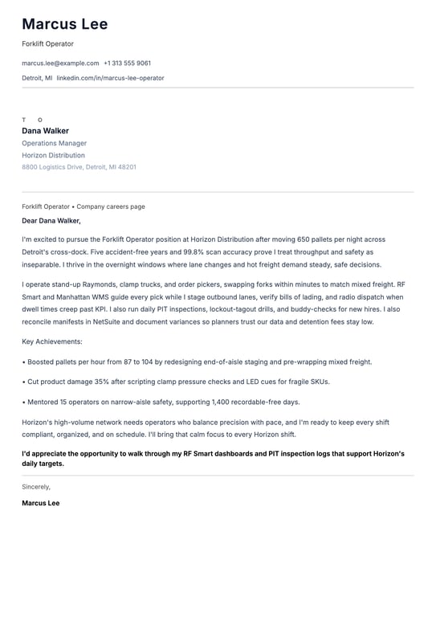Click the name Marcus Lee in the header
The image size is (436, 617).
(65, 24)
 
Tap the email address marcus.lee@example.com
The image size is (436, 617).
(60, 63)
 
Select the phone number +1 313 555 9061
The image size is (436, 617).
(127, 63)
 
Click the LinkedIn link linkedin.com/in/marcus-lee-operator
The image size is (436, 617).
(110, 78)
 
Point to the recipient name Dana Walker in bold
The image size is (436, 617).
(45, 131)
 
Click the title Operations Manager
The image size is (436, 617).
(54, 143)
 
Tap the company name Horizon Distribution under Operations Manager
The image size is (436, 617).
(53, 155)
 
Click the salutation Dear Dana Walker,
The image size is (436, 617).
(51, 220)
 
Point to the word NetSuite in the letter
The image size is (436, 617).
(122, 322)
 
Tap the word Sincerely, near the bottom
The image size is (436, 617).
(36, 486)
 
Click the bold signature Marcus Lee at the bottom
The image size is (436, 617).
(40, 503)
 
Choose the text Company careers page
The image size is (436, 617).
(111, 206)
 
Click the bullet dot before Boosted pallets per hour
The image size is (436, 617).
(24, 362)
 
